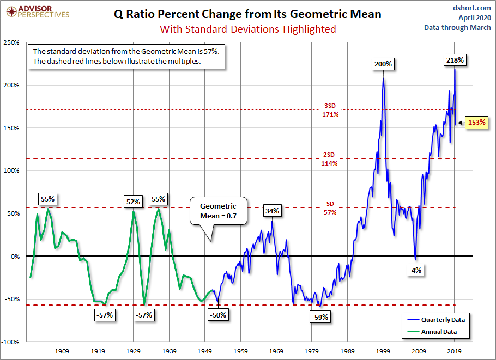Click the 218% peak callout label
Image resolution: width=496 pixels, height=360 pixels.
tap(454, 60)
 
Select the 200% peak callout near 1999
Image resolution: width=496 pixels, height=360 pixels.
tap(383, 64)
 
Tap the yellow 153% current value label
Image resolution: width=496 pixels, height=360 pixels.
tap(477, 123)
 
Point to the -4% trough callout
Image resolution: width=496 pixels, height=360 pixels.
tap(415, 270)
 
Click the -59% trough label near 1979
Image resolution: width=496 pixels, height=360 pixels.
tap(319, 317)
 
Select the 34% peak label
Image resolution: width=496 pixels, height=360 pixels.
tap(273, 211)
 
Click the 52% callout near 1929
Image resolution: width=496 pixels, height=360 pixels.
tap(133, 201)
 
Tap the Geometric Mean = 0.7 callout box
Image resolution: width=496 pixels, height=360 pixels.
tap(218, 211)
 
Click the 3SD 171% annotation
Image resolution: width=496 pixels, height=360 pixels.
tap(330, 111)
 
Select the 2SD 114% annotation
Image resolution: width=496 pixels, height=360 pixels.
tap(330, 159)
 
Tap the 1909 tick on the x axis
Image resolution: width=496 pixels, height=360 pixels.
tap(62, 352)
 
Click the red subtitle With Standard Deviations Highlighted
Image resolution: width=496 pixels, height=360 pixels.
tap(247, 29)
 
